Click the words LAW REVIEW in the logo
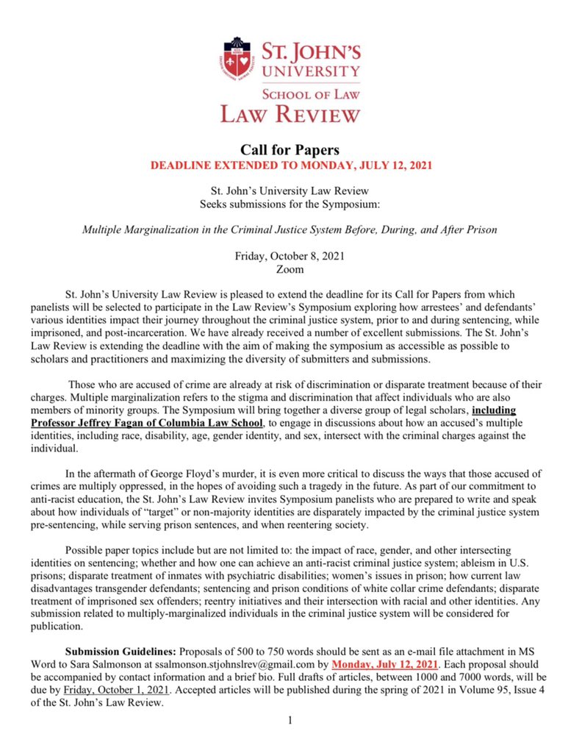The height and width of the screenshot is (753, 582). [x=291, y=113]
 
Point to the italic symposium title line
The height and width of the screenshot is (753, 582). [x=291, y=229]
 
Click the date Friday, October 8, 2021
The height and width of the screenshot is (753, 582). [x=291, y=257]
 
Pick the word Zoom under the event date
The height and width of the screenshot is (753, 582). [x=291, y=269]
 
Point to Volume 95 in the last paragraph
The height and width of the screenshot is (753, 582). [x=460, y=690]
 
